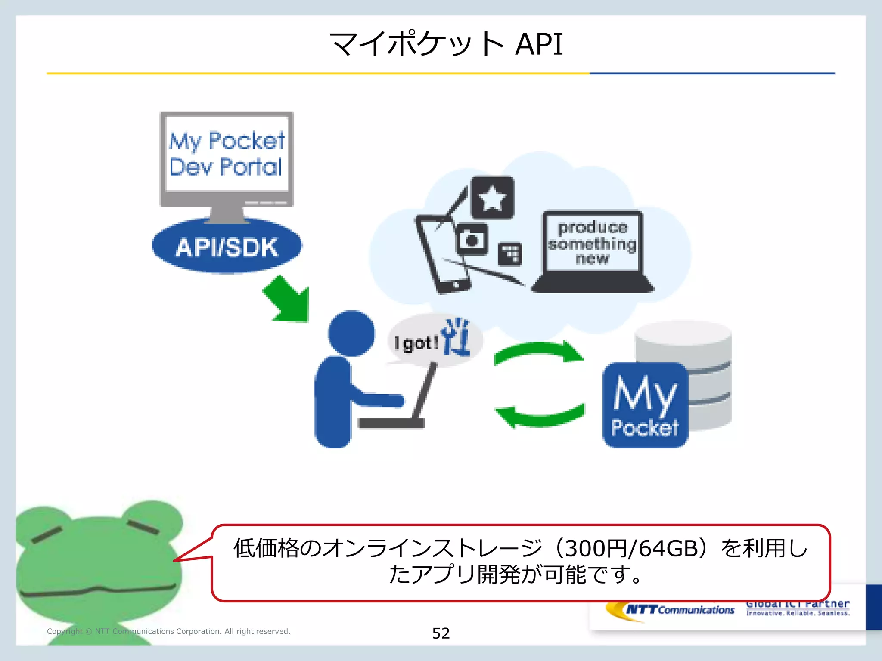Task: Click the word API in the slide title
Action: [539, 44]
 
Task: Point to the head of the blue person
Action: [351, 333]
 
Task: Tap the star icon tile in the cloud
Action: [492, 198]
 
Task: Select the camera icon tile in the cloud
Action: [472, 239]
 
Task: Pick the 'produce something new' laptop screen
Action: [593, 242]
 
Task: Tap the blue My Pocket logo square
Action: [645, 405]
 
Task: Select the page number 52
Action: [441, 633]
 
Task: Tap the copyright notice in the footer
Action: [168, 631]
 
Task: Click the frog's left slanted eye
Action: [47, 534]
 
